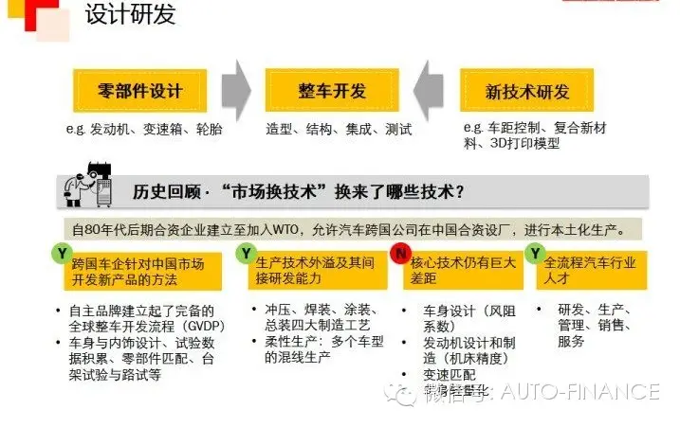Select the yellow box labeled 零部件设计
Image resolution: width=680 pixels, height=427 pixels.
139,91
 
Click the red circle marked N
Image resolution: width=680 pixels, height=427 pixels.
400,254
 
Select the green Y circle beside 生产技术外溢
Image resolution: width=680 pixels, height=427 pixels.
246,254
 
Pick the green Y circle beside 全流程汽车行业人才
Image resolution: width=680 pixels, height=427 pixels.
536,254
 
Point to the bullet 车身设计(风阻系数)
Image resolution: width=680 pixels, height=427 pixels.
469,316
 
